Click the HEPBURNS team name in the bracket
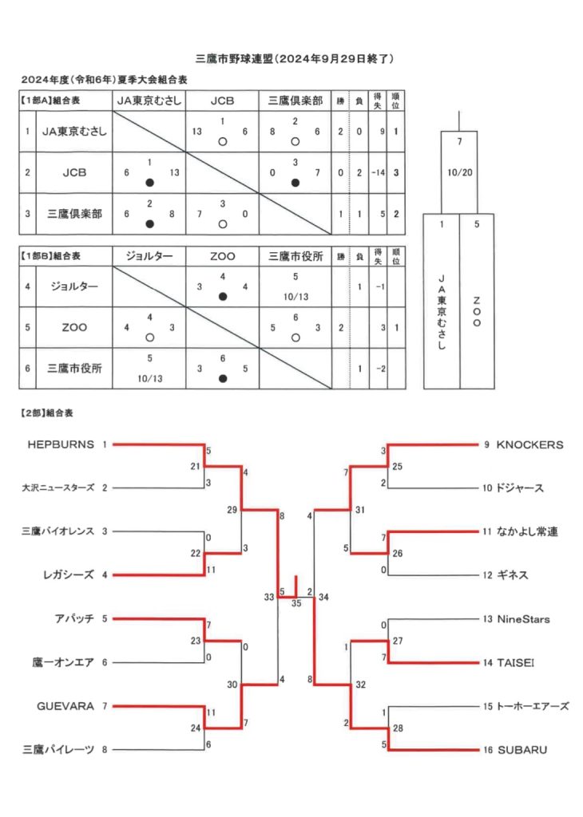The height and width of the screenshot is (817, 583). (x=61, y=444)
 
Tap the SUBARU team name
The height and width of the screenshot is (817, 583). (x=522, y=750)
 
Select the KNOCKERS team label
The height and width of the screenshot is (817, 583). (x=529, y=444)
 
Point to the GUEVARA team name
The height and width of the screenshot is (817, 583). (x=65, y=706)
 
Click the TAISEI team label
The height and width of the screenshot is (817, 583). (x=515, y=663)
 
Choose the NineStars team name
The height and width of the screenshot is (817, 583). (x=523, y=619)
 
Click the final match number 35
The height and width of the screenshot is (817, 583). (x=296, y=603)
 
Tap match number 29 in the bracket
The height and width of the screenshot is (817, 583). (x=232, y=510)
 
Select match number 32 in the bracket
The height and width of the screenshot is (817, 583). (x=360, y=684)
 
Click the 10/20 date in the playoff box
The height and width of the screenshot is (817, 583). (x=459, y=172)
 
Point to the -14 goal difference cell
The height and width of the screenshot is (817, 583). (x=378, y=172)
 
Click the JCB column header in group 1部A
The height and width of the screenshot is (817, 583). (x=222, y=101)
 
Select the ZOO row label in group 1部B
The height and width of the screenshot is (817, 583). (x=74, y=327)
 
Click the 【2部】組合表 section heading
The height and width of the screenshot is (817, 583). (x=46, y=413)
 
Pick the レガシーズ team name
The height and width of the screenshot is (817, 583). (x=69, y=574)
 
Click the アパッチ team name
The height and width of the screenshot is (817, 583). (x=74, y=618)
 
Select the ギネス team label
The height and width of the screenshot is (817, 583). (x=513, y=574)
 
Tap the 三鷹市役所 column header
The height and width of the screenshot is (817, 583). (x=295, y=256)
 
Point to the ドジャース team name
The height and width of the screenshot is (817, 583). (x=520, y=488)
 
